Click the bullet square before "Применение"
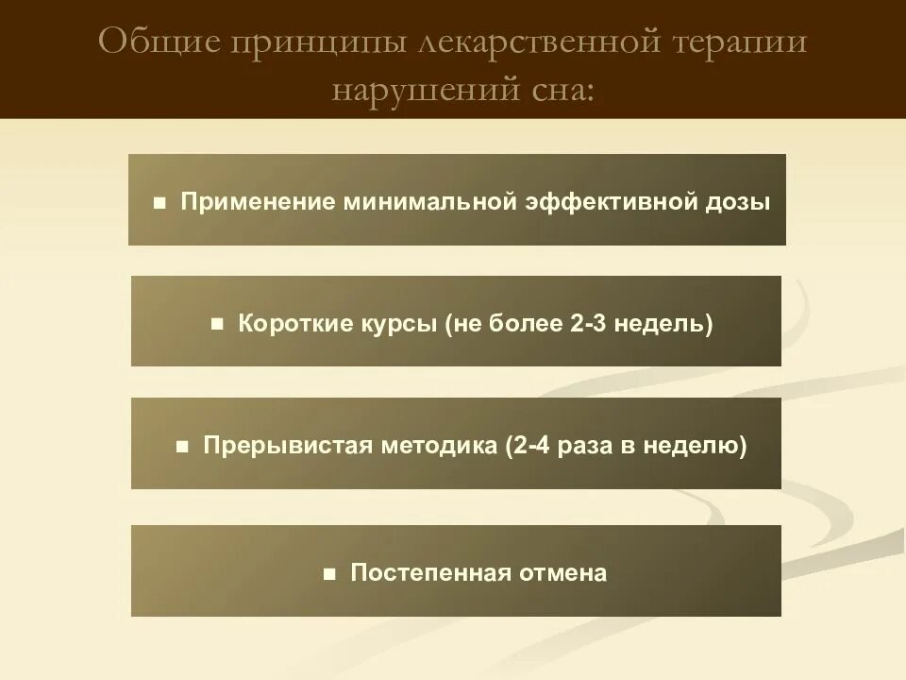coord(160,203)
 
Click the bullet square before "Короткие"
coord(217,324)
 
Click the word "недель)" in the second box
coord(664,324)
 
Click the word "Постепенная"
coord(431,572)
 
